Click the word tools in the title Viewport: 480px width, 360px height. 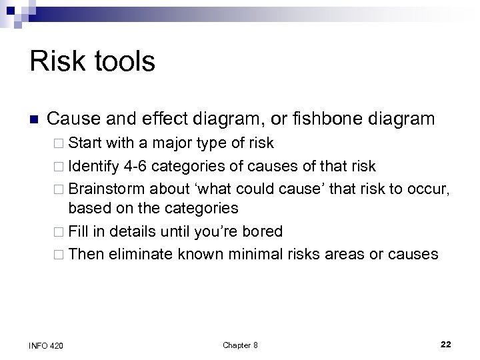point(122,62)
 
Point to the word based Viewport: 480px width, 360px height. point(87,208)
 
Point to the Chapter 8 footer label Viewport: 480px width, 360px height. point(240,345)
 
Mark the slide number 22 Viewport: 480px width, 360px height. point(446,344)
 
